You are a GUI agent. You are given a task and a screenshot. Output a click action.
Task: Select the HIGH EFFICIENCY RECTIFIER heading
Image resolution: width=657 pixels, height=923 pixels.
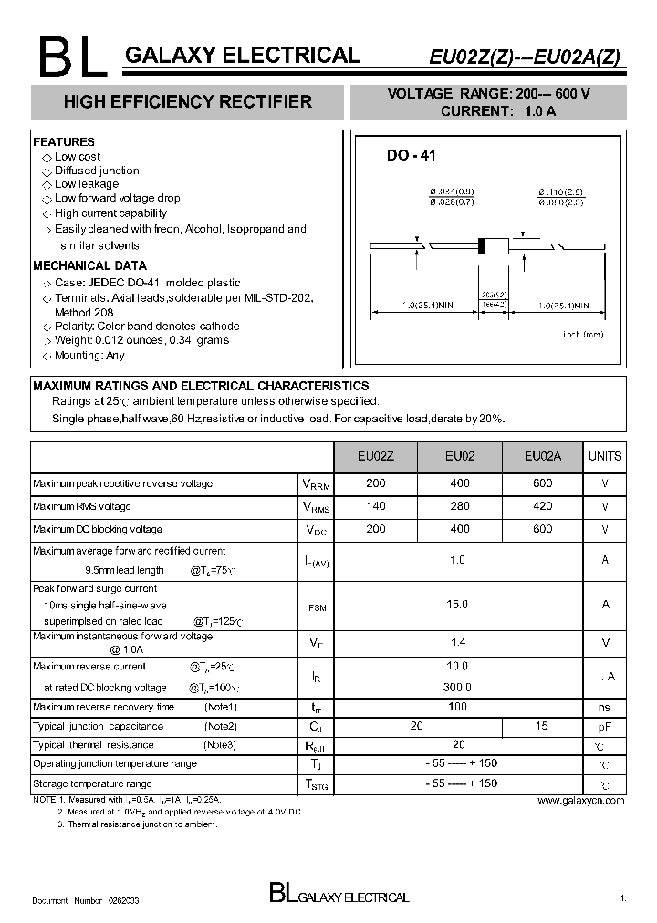(x=187, y=102)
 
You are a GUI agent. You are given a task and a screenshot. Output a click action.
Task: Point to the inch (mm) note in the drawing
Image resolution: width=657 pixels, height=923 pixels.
(x=583, y=335)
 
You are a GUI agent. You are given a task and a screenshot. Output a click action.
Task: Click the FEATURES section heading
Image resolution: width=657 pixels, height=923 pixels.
(x=64, y=142)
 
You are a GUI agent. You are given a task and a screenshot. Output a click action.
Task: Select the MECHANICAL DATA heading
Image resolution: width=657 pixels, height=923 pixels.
(x=89, y=265)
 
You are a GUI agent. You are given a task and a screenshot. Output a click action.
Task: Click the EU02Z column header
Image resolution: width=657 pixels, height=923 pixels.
(x=376, y=456)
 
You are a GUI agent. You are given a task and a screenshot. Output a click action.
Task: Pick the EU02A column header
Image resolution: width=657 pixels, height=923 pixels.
(x=544, y=456)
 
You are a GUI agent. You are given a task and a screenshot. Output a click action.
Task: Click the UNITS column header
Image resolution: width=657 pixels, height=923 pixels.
(x=605, y=456)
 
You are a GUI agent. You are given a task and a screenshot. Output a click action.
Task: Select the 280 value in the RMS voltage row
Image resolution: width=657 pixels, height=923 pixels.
(x=460, y=506)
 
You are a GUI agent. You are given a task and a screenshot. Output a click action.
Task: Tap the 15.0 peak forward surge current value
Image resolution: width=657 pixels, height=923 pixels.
(x=458, y=604)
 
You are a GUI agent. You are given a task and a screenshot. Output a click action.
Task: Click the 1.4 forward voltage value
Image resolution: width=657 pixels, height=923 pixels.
(x=458, y=642)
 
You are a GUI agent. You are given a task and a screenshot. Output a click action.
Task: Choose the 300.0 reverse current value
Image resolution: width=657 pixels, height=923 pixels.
(x=458, y=687)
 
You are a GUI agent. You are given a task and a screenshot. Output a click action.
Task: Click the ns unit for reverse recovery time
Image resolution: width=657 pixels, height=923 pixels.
(x=604, y=707)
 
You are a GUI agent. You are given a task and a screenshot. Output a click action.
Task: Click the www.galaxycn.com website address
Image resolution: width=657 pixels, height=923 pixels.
(x=580, y=800)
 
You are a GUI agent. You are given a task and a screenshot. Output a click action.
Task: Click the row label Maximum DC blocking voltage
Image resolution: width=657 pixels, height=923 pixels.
(x=98, y=529)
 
